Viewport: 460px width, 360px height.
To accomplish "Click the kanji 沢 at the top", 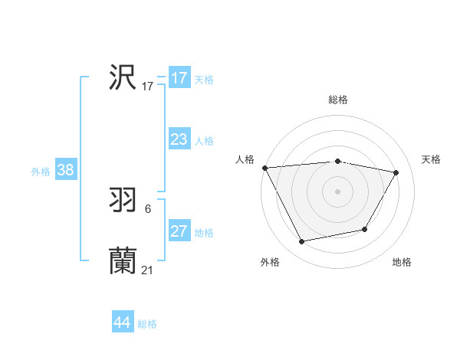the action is click(123, 77).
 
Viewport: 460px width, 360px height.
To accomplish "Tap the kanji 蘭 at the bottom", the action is click(123, 260).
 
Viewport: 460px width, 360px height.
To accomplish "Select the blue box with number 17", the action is click(179, 78).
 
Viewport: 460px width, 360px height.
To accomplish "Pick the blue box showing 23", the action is click(179, 139).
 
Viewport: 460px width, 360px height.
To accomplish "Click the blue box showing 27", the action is click(179, 231).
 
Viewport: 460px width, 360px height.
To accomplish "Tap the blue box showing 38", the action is click(65, 170).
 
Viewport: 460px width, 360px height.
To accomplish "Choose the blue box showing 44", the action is click(122, 322).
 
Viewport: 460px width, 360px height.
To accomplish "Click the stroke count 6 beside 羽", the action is click(148, 208).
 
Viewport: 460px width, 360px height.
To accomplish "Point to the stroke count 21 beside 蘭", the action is click(148, 270).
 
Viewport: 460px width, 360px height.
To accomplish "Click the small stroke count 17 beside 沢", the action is click(148, 86).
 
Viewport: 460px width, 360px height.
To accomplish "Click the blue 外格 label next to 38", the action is click(41, 172).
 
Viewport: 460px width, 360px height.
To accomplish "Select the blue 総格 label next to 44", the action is click(147, 324).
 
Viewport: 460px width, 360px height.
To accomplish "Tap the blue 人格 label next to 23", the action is click(204, 141).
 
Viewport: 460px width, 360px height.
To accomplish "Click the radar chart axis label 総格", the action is click(338, 100).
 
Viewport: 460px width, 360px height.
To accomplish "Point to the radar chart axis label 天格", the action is click(431, 159).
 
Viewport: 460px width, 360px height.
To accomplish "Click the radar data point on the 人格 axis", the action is click(264, 168).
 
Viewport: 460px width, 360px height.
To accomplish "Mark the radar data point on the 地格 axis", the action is click(365, 229).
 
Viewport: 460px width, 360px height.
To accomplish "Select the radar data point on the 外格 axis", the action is click(302, 242).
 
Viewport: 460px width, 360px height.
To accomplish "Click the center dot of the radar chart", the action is click(338, 191).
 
